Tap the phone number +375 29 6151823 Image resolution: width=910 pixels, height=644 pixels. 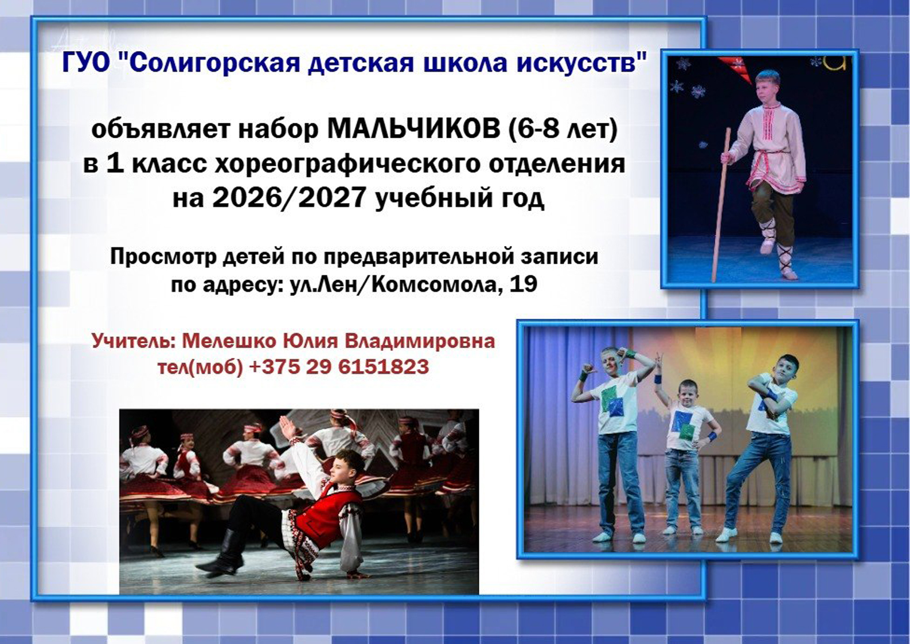click(340, 367)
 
